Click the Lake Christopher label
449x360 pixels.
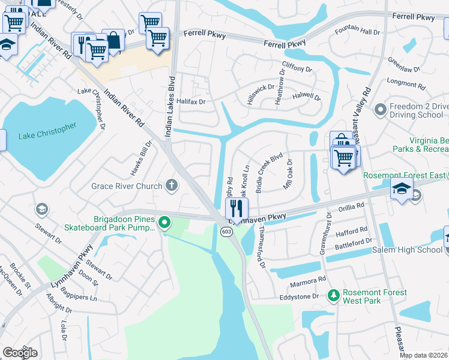(47, 131)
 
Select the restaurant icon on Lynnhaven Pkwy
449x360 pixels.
(237, 208)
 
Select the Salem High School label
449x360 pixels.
(407, 250)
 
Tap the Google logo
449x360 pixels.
(20, 352)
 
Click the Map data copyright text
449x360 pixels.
(423, 356)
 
